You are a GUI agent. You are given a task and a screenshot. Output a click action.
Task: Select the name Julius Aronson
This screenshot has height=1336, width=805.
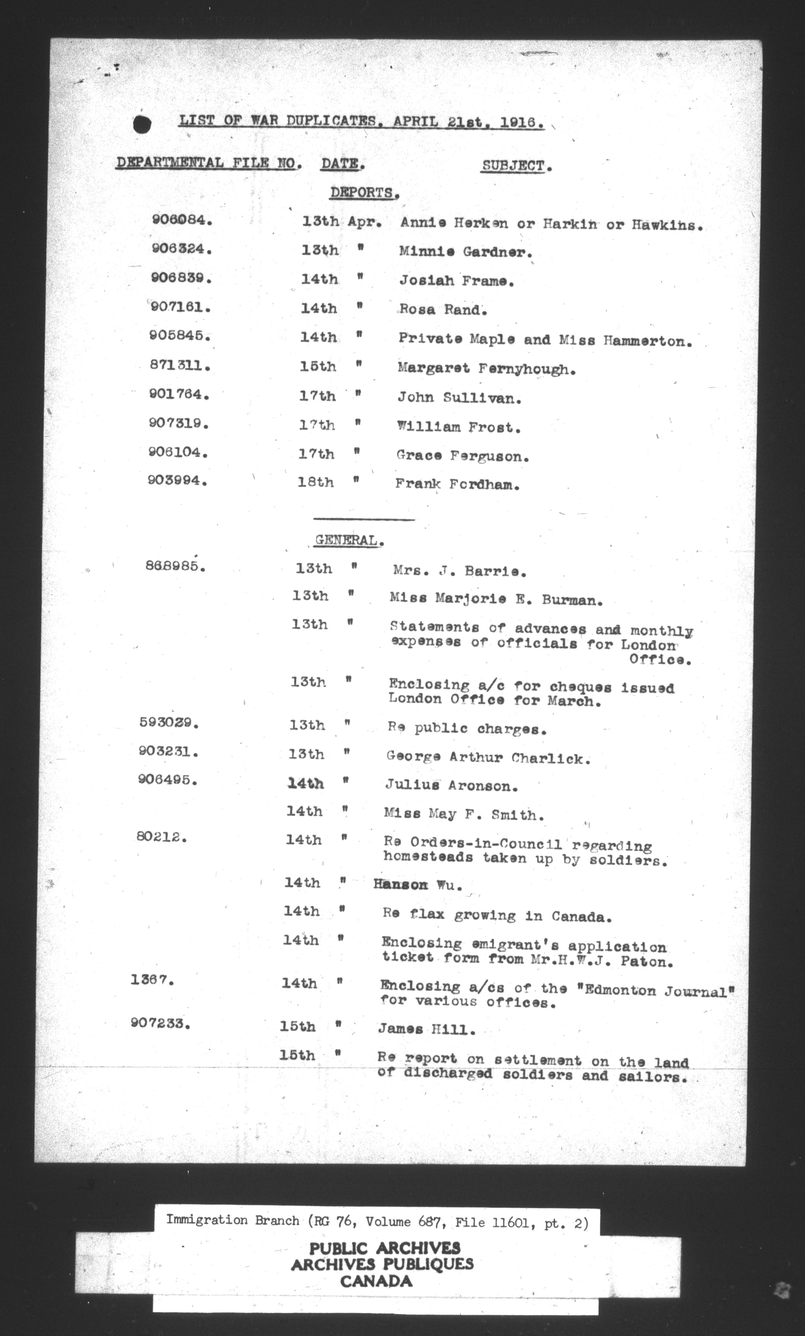(451, 785)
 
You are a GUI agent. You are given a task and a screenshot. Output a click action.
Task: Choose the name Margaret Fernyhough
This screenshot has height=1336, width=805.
(486, 369)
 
